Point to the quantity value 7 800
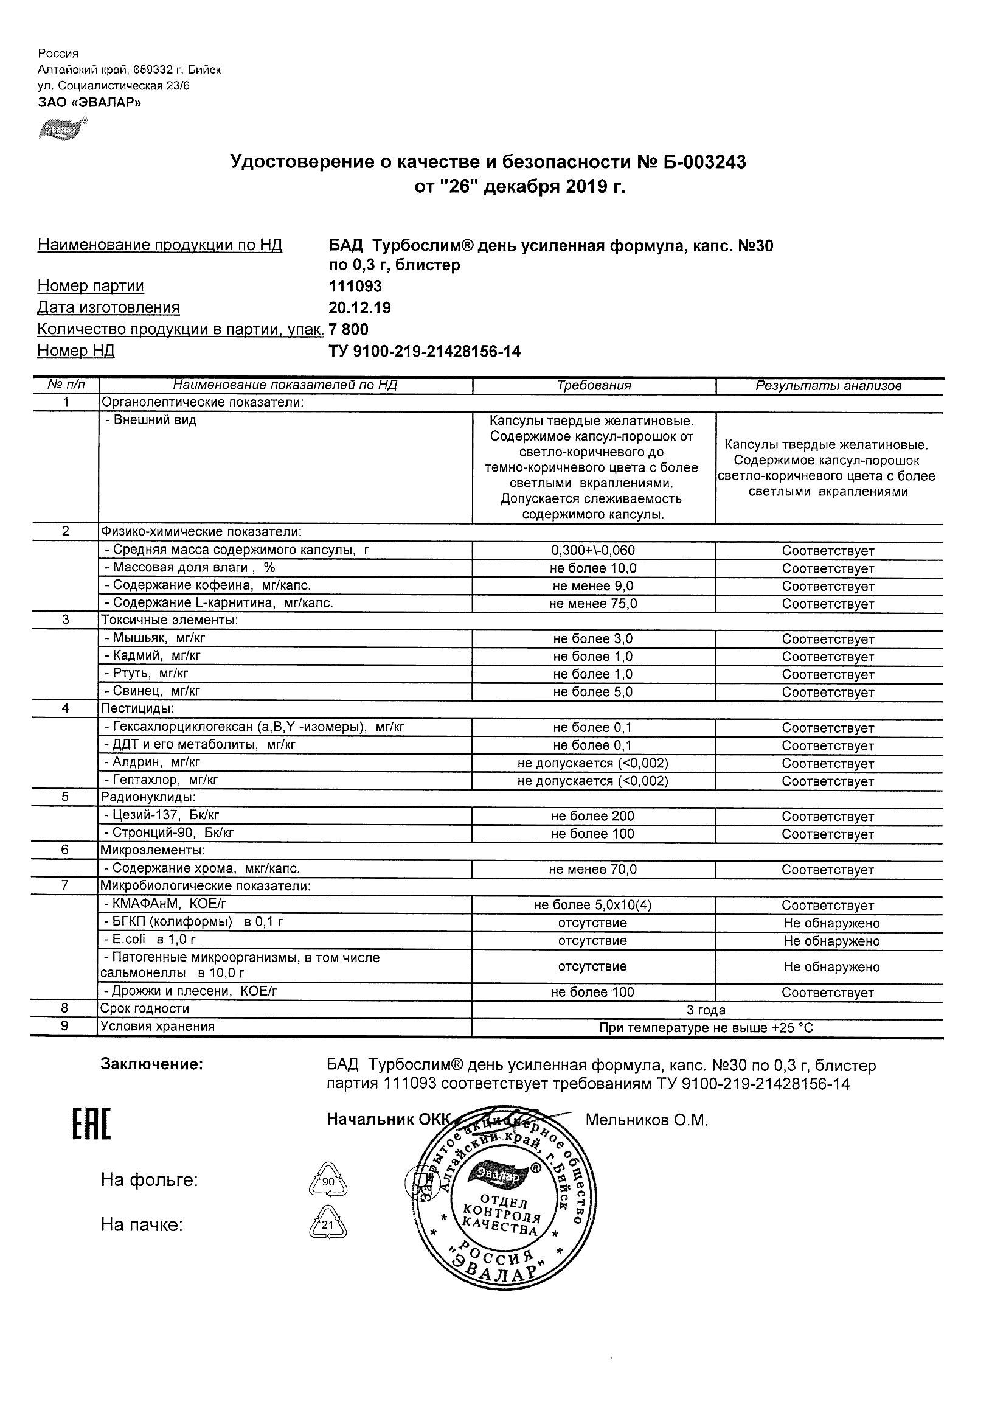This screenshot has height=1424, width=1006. click(x=349, y=329)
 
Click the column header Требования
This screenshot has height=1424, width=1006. click(x=593, y=386)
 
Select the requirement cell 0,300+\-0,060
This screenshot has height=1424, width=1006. click(x=593, y=551)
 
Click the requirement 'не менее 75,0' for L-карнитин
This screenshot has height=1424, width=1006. click(x=593, y=604)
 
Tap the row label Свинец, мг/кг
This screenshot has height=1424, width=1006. click(x=152, y=691)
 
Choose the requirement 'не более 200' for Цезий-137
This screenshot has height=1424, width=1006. click(x=593, y=817)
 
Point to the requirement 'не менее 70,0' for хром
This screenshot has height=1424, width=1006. click(x=593, y=870)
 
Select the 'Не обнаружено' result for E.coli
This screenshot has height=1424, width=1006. click(x=831, y=941)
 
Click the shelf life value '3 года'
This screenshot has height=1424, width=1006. click(x=706, y=1010)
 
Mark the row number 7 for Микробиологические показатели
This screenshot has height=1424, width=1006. click(x=64, y=885)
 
